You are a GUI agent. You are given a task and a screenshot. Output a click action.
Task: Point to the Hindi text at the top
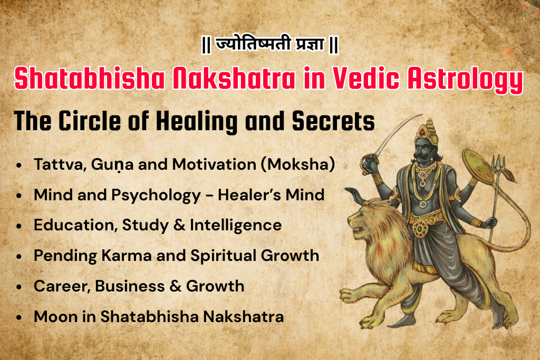click(269, 45)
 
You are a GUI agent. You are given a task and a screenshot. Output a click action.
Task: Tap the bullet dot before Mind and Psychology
click(19, 196)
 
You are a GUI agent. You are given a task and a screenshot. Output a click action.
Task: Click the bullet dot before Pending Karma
click(19, 257)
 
